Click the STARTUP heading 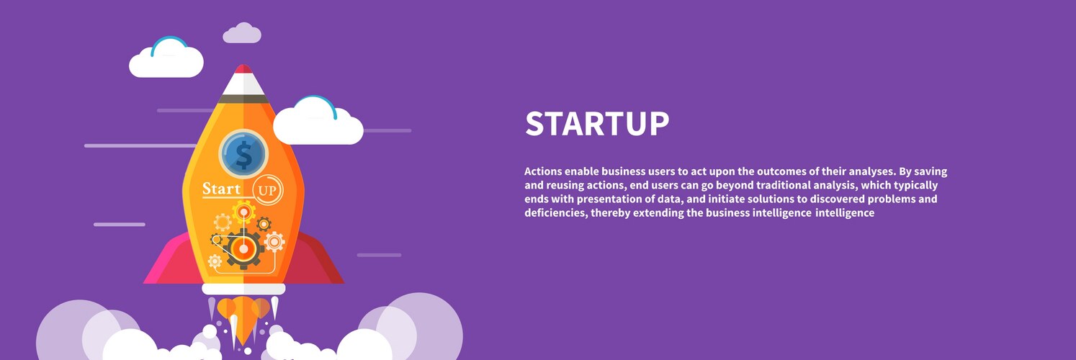(x=597, y=123)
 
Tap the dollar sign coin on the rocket (x=243, y=154)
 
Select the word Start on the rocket (x=221, y=189)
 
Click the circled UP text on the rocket (x=267, y=190)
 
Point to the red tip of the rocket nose (x=243, y=68)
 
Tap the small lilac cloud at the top (x=242, y=33)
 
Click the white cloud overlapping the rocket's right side (x=318, y=122)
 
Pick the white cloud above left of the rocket (x=166, y=58)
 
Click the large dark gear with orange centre (x=243, y=248)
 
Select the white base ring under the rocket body (x=243, y=289)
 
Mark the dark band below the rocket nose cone (x=243, y=99)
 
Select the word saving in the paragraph (x=931, y=172)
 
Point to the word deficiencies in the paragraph (x=556, y=213)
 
